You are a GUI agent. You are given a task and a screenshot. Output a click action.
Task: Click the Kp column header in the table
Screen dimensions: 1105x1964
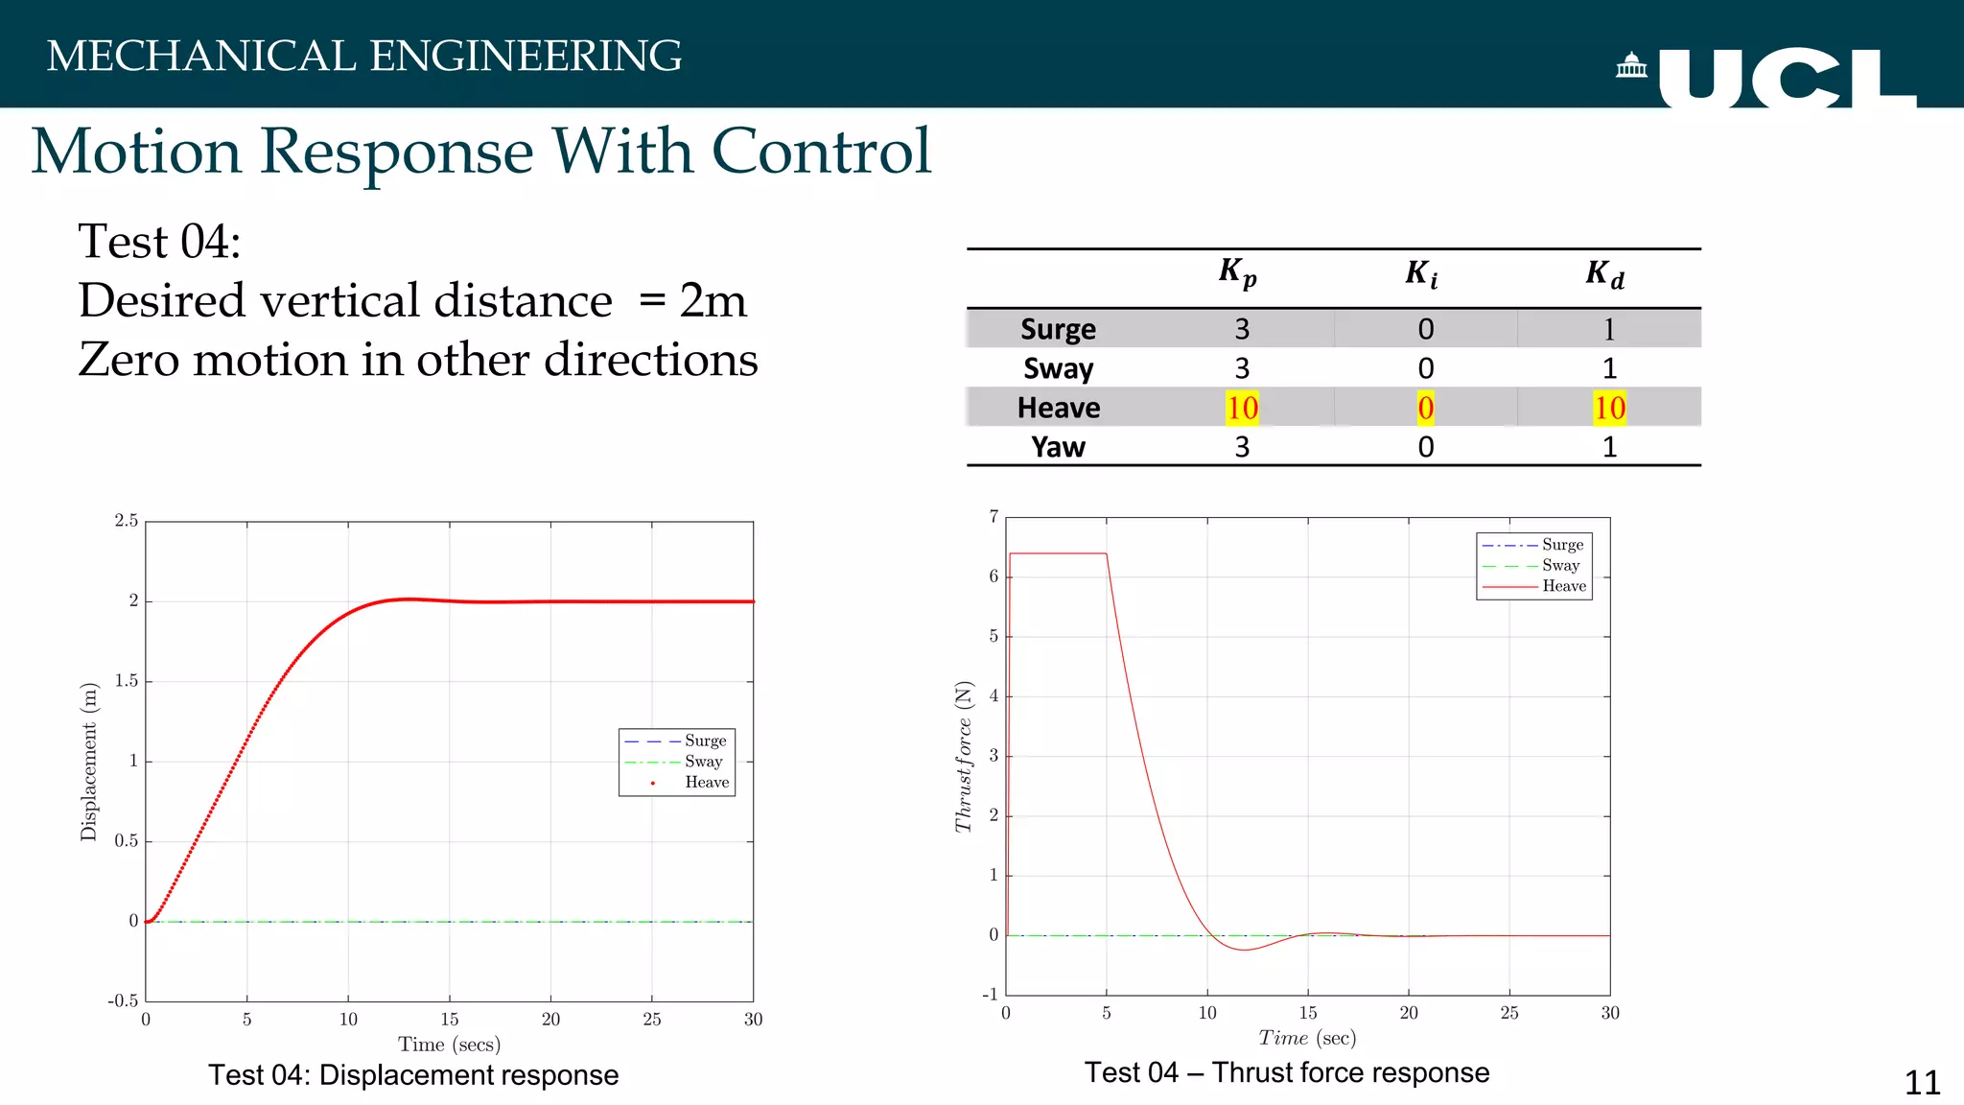pyautogui.click(x=1238, y=273)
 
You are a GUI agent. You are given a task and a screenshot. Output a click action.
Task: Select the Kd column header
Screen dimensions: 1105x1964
pyautogui.click(x=1604, y=274)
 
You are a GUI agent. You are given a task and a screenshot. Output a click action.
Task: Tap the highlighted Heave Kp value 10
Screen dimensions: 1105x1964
pyautogui.click(x=1242, y=408)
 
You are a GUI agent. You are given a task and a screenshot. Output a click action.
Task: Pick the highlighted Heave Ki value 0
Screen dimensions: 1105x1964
pyautogui.click(x=1426, y=408)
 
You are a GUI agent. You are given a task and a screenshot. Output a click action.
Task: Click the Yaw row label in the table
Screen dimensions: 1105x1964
pyautogui.click(x=1058, y=447)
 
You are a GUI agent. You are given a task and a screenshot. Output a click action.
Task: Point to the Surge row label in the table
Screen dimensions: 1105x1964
pyautogui.click(x=1058, y=329)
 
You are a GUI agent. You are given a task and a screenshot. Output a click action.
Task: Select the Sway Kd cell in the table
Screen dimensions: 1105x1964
pyautogui.click(x=1609, y=368)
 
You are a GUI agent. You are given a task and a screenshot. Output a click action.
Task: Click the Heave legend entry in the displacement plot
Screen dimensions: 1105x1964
pyautogui.click(x=706, y=783)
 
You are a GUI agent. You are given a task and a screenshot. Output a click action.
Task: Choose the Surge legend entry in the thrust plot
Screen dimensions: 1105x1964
pyautogui.click(x=1562, y=545)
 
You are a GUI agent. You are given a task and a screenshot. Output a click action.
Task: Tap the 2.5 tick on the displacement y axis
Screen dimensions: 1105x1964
pyautogui.click(x=127, y=521)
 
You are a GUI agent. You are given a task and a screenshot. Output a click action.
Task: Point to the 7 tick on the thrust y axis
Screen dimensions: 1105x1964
pyautogui.click(x=994, y=517)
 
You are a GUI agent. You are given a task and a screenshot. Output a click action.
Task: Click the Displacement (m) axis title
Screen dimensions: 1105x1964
pyautogui.click(x=89, y=762)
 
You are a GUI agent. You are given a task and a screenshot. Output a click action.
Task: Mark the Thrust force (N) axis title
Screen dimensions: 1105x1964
pyautogui.click(x=964, y=756)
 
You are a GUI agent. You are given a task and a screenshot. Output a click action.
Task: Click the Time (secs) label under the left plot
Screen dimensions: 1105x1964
pyautogui.click(x=449, y=1044)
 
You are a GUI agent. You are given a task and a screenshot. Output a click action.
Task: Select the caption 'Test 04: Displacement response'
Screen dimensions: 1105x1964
pyautogui.click(x=413, y=1075)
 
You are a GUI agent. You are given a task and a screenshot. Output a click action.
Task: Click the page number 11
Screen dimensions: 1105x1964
pyautogui.click(x=1922, y=1083)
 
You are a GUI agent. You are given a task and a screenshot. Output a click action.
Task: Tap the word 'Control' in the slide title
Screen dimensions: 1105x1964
pyautogui.click(x=821, y=152)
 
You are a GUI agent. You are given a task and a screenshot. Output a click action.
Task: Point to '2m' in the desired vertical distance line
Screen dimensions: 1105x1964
pyautogui.click(x=713, y=300)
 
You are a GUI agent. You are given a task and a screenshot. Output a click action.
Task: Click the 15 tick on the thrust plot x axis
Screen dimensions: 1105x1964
pyautogui.click(x=1308, y=1013)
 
